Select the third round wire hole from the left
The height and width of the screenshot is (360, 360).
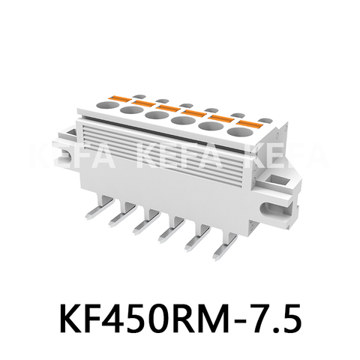(x=156, y=116)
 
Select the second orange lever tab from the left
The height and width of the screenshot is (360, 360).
(x=144, y=101)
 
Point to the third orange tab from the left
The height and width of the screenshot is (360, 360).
(x=169, y=106)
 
